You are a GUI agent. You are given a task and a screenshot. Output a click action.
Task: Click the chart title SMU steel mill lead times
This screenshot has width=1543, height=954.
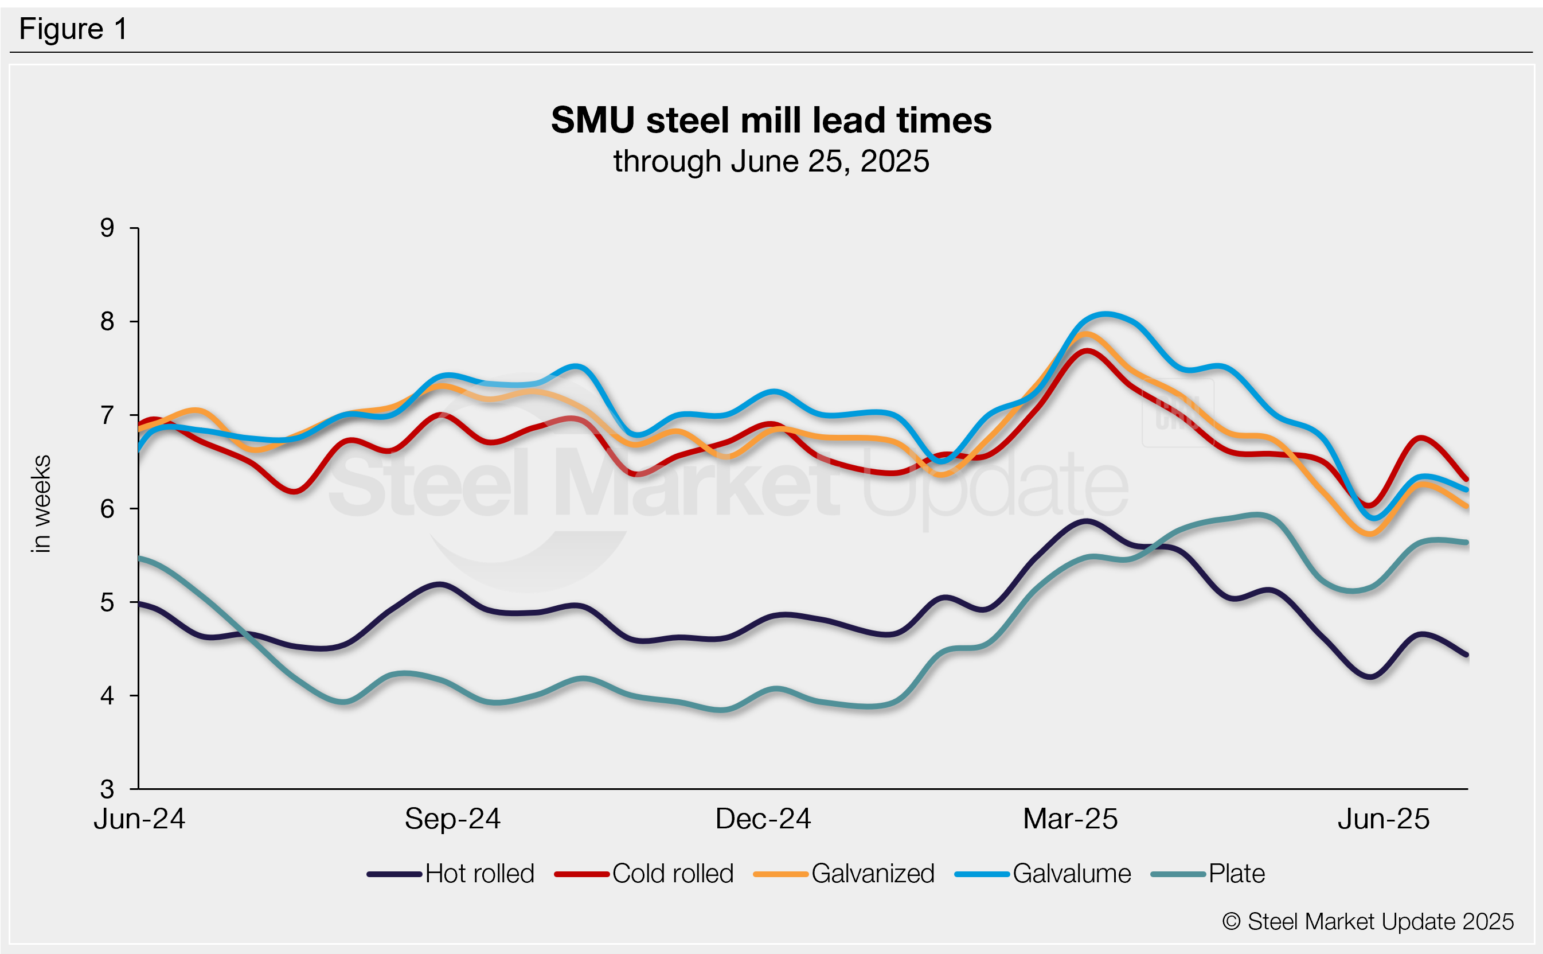(x=771, y=120)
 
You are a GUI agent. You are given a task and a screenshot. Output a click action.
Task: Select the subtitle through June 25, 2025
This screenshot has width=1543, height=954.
(x=771, y=162)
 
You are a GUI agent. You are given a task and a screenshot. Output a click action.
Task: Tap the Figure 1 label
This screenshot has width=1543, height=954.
(x=73, y=29)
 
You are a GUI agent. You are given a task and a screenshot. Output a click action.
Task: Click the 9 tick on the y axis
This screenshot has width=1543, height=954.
(x=107, y=228)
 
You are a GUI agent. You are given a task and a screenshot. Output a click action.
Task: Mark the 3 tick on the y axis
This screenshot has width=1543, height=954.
(x=107, y=789)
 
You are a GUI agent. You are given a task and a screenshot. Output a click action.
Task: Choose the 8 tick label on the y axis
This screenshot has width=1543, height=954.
(x=107, y=322)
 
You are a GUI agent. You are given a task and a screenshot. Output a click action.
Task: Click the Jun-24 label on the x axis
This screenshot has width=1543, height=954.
(x=139, y=819)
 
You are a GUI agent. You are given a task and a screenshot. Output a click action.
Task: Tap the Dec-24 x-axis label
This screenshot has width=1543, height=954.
(x=763, y=819)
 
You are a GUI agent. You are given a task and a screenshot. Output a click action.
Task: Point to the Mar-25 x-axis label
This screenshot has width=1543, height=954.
(x=1070, y=819)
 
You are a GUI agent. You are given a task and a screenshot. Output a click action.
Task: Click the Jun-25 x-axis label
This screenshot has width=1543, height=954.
(x=1384, y=819)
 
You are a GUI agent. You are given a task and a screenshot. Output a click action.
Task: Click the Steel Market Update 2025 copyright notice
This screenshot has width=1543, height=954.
(x=1368, y=922)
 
